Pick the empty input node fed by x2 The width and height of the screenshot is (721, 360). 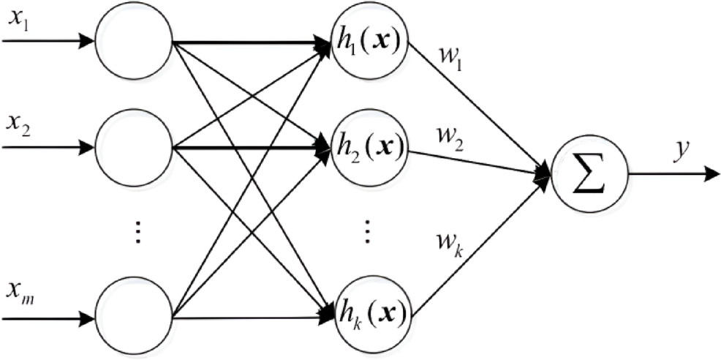(x=134, y=146)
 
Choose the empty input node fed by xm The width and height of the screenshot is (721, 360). (x=134, y=318)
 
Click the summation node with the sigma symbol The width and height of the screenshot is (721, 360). (x=589, y=175)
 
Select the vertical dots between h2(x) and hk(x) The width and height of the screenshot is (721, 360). (x=368, y=233)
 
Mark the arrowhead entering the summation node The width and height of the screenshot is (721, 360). (x=545, y=174)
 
